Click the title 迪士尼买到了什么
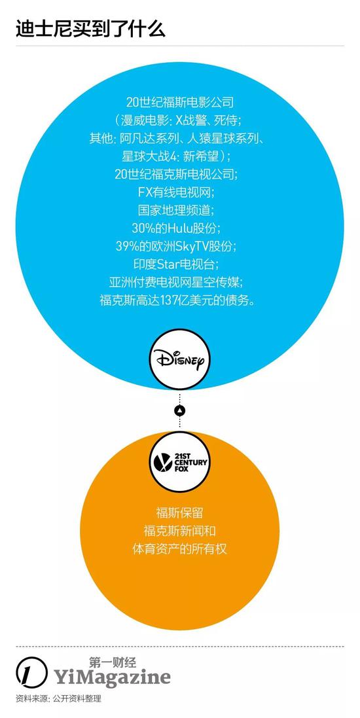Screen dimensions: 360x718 pyautogui.click(x=90, y=28)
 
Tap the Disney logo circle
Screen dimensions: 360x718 pyautogui.click(x=179, y=361)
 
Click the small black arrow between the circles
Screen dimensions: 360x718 pyautogui.click(x=180, y=410)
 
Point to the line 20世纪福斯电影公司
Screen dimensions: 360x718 pyautogui.click(x=180, y=102)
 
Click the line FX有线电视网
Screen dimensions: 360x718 pyautogui.click(x=180, y=192)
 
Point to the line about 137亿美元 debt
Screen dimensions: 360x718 pyautogui.click(x=180, y=300)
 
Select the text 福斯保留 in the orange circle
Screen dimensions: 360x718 pyautogui.click(x=179, y=513)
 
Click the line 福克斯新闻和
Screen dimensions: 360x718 pyautogui.click(x=179, y=531)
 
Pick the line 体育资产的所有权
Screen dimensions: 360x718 pyautogui.click(x=179, y=548)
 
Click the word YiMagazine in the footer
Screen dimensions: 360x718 pyautogui.click(x=112, y=677)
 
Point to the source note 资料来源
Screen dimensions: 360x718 pyautogui.click(x=58, y=699)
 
